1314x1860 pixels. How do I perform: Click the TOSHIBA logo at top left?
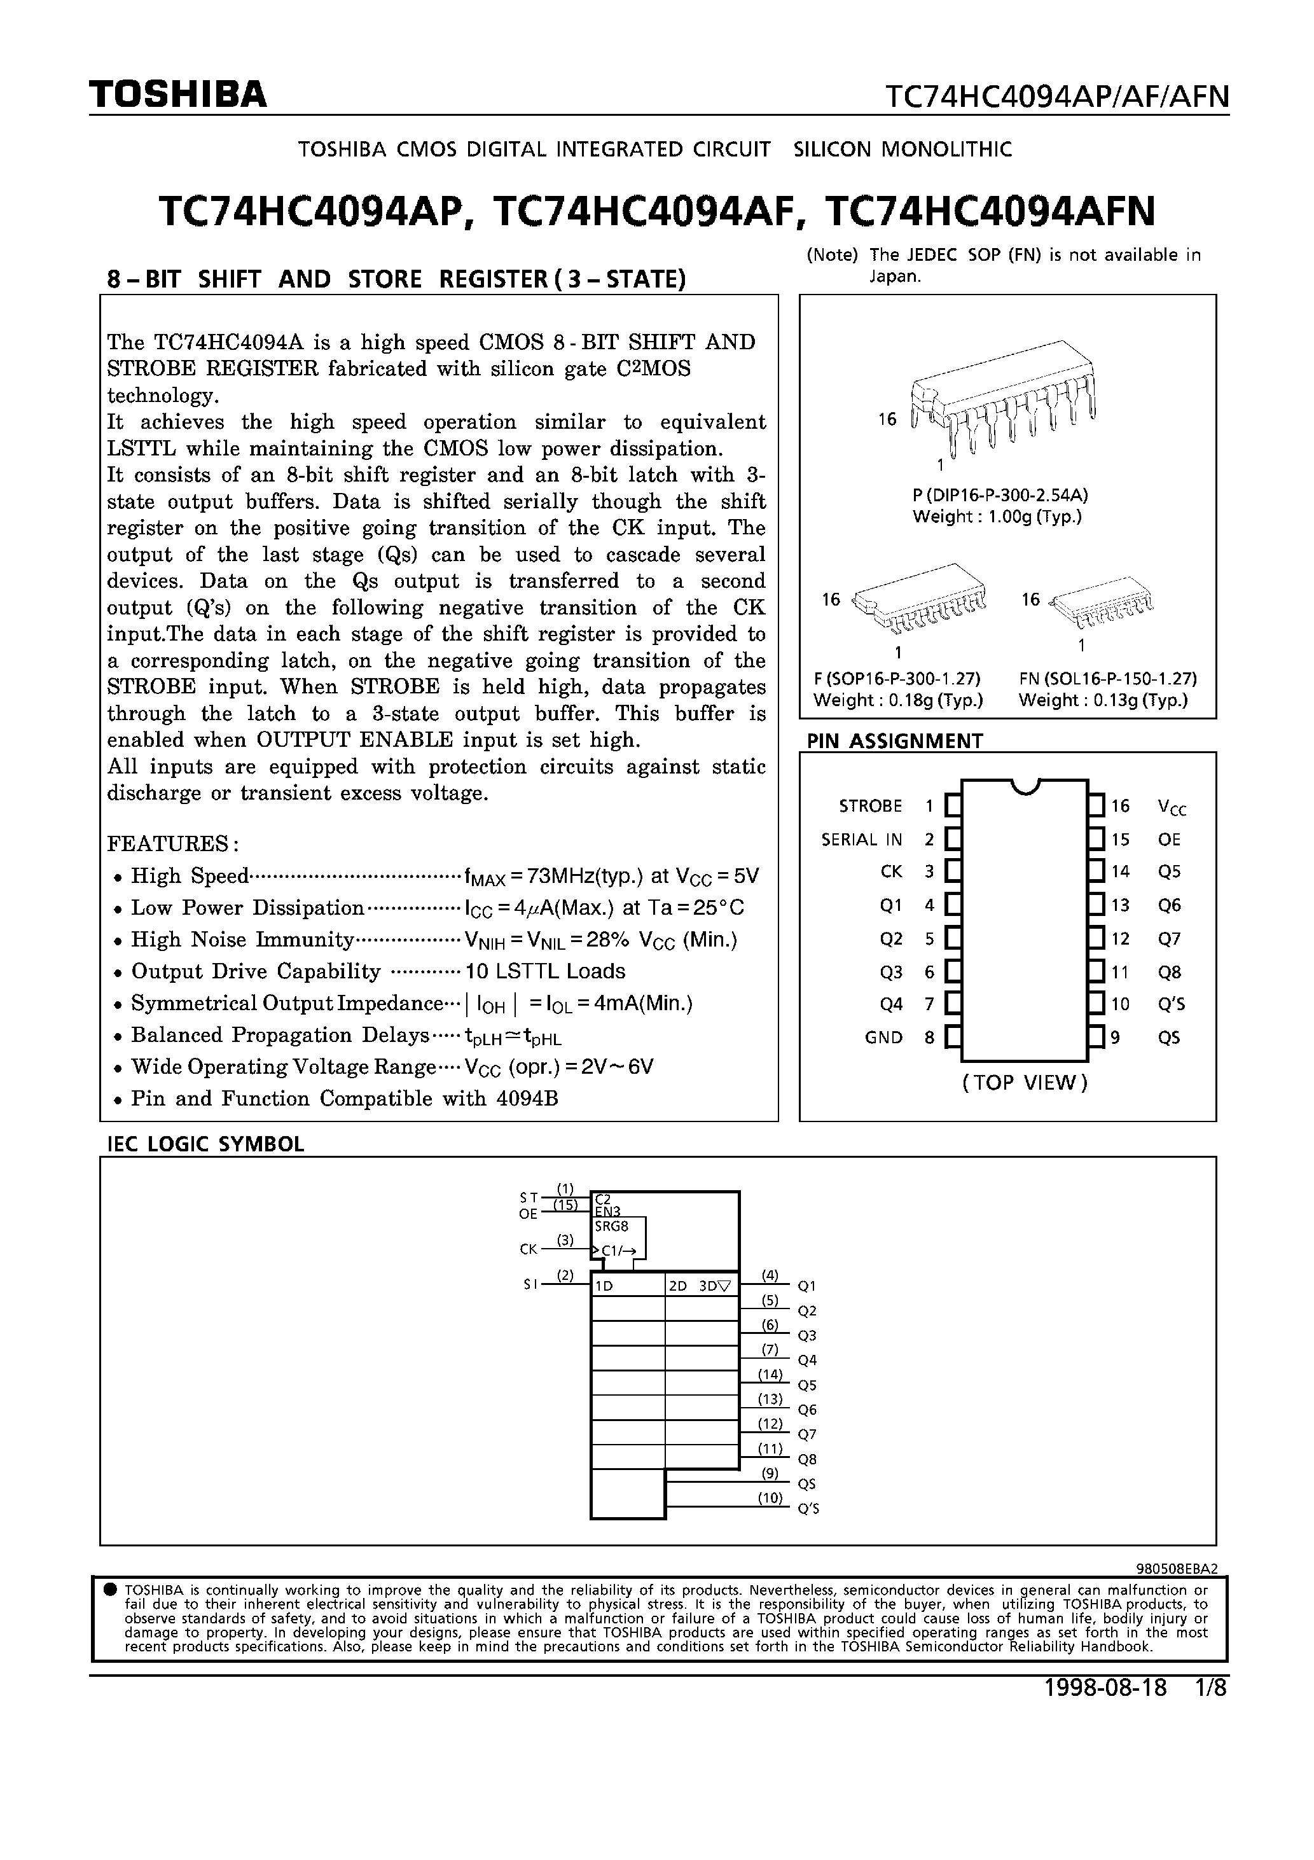pyautogui.click(x=177, y=95)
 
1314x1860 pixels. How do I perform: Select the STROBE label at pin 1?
pyautogui.click(x=870, y=806)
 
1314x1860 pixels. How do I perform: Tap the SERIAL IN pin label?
pyautogui.click(x=861, y=839)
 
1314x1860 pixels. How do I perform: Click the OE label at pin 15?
pyautogui.click(x=1169, y=839)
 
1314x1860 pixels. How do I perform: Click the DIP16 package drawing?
pyautogui.click(x=1003, y=399)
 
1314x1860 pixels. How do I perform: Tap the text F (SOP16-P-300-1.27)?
pyautogui.click(x=897, y=678)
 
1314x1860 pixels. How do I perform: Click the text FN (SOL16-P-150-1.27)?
pyautogui.click(x=1107, y=678)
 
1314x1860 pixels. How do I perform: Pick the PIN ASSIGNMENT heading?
pyautogui.click(x=894, y=740)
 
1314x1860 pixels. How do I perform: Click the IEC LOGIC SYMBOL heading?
pyautogui.click(x=206, y=1144)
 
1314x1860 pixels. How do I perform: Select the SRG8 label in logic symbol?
pyautogui.click(x=612, y=1226)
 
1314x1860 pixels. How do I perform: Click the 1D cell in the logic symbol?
pyautogui.click(x=604, y=1286)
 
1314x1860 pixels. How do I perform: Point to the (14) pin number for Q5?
pyautogui.click(x=770, y=1374)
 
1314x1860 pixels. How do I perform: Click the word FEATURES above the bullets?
pyautogui.click(x=172, y=843)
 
